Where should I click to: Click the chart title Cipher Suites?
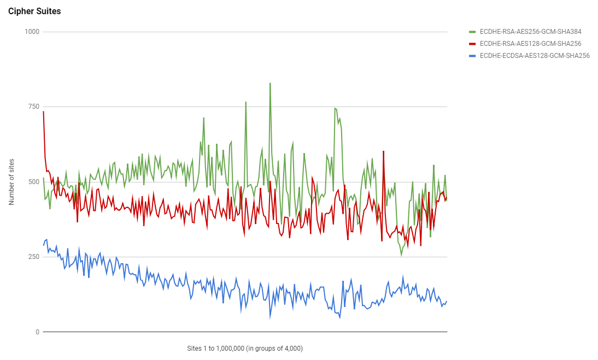pos(34,11)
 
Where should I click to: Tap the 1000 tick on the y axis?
pos(32,32)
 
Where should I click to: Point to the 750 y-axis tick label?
pos(34,107)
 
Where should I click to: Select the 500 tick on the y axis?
pos(34,182)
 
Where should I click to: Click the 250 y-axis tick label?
pos(34,257)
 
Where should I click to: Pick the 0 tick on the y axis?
pos(37,332)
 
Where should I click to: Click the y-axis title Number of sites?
pos(11,182)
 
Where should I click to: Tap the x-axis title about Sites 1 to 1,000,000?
pos(245,348)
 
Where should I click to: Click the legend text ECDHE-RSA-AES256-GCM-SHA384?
pos(530,31)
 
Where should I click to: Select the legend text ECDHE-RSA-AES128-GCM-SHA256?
pos(530,43)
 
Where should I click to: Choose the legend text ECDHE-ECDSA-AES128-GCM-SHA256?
pos(535,55)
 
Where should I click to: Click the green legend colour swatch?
pos(473,31)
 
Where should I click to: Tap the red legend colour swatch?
pos(473,43)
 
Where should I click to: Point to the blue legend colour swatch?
pos(473,55)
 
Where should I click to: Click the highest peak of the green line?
pos(270,83)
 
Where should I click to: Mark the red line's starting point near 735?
pos(43,111)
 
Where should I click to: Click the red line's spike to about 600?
pos(384,151)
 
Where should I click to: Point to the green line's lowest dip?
pos(401,255)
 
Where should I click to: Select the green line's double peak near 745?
pos(336,109)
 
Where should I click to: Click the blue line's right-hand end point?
pos(447,301)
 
